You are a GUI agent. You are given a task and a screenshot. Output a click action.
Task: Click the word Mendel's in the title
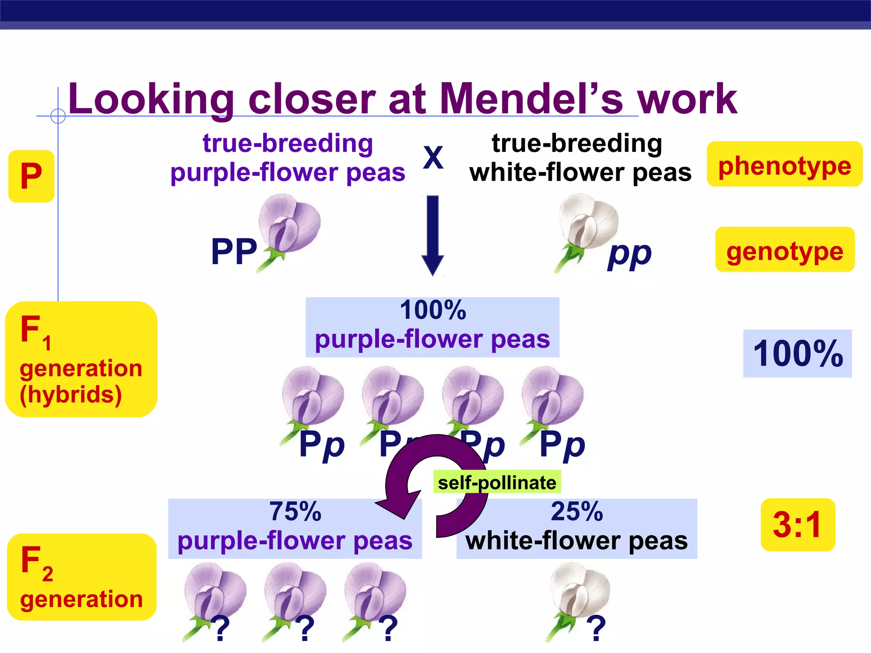[531, 99]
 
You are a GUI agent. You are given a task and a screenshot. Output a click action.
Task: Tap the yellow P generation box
[31, 176]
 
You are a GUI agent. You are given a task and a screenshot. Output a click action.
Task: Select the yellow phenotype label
[784, 165]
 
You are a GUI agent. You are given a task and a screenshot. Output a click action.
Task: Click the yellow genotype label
[785, 250]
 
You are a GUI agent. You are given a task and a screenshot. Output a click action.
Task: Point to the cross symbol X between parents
[433, 157]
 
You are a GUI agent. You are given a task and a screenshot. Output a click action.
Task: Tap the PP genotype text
[234, 252]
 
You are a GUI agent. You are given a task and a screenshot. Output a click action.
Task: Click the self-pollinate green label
[497, 483]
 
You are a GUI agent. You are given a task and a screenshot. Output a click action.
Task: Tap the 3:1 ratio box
[797, 525]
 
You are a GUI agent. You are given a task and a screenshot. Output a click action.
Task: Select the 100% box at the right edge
[797, 353]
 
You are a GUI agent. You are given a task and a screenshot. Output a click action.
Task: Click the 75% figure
[295, 511]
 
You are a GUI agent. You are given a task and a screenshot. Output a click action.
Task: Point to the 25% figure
[577, 511]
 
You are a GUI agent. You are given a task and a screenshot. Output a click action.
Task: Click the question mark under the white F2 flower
[596, 628]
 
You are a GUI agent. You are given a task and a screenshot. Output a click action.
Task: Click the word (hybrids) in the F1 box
[71, 395]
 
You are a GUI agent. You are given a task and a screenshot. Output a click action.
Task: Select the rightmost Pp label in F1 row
[562, 445]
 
